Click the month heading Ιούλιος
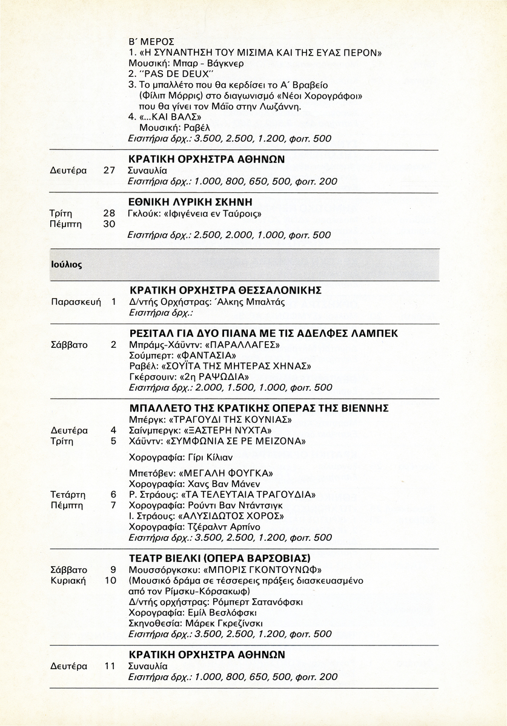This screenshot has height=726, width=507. (66, 264)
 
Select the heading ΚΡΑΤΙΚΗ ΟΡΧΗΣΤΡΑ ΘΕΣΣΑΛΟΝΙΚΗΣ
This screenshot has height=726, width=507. (225, 290)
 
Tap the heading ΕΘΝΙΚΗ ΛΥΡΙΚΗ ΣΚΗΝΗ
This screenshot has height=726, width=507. (190, 201)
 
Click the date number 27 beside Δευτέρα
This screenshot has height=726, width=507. (109, 171)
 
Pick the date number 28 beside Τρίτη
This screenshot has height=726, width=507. (109, 213)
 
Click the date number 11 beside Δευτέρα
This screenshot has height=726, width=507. (109, 666)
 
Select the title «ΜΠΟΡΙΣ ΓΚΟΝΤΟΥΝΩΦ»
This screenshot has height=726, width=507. (265, 570)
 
